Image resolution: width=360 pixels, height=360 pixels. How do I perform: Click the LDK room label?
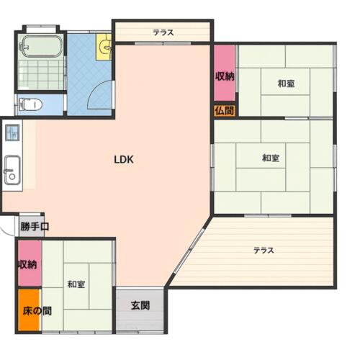click(x=124, y=159)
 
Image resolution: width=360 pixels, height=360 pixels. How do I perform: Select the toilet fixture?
click(x=31, y=104)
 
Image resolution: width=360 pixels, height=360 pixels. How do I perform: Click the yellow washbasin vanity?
click(x=104, y=47)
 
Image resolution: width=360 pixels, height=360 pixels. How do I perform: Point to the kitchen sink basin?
click(x=12, y=170)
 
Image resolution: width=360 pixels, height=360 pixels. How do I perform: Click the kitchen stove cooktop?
click(x=12, y=132)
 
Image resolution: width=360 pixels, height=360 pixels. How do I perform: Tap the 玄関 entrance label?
click(x=140, y=305)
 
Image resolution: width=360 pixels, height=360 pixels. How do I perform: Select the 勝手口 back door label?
click(x=35, y=226)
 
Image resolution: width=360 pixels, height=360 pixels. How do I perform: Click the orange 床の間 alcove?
click(x=29, y=310)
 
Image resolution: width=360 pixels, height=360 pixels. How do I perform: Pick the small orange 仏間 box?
click(x=225, y=111)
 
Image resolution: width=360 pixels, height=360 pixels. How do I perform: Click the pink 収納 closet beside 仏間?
click(x=225, y=73)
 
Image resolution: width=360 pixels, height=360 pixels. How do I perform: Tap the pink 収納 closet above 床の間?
click(x=30, y=264)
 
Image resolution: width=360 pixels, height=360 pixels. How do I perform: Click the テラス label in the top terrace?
click(x=163, y=32)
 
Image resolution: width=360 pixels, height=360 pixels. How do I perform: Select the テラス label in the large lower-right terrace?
click(x=264, y=251)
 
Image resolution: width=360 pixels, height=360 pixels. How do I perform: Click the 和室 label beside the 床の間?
click(x=76, y=284)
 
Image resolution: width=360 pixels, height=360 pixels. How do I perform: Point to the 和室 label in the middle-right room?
click(x=271, y=158)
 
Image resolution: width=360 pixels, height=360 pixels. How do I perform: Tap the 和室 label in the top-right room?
click(x=286, y=84)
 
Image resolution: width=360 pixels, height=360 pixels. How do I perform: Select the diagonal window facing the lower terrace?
click(x=189, y=251)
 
